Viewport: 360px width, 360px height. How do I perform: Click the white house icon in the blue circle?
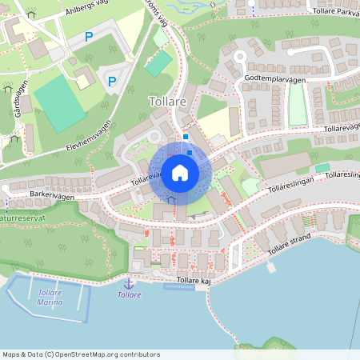pyautogui.click(x=180, y=173)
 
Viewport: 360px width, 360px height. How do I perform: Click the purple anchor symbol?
pyautogui.click(x=128, y=283)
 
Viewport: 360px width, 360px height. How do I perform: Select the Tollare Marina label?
pyautogui.click(x=50, y=297)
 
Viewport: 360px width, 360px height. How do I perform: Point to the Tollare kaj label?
pyautogui.click(x=193, y=280)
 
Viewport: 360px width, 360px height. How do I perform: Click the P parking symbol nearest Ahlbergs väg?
pyautogui.click(x=89, y=37)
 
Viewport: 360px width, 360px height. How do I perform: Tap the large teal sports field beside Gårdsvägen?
pyautogui.click(x=58, y=102)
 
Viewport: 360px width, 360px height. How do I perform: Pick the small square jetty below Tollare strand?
pyautogui.click(x=271, y=267)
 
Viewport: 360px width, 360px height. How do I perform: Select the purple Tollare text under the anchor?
pyautogui.click(x=129, y=294)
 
